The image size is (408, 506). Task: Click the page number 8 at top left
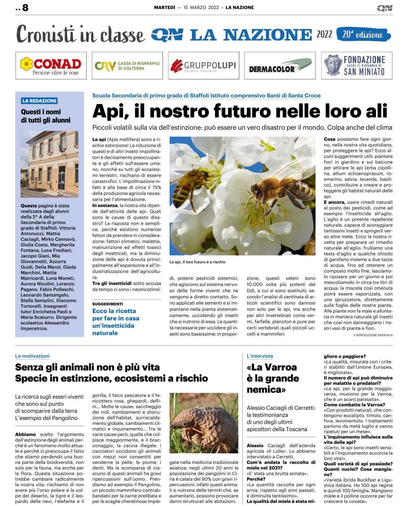point(25,8)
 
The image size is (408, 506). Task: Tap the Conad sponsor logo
point(51,66)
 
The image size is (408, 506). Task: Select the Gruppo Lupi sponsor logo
point(204,66)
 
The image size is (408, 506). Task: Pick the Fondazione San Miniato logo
point(356,66)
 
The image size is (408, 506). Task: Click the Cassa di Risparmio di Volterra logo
point(127,66)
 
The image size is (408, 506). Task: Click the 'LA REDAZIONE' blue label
point(39,101)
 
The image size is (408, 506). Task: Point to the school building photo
point(50,164)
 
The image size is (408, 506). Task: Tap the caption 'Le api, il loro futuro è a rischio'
point(197,262)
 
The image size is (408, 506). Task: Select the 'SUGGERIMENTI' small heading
point(108,304)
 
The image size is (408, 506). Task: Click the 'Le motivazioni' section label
point(32,356)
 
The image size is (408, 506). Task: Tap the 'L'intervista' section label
point(259,356)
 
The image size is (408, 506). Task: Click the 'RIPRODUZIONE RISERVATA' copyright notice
point(373,335)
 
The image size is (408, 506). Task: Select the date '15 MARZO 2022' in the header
point(201,8)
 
